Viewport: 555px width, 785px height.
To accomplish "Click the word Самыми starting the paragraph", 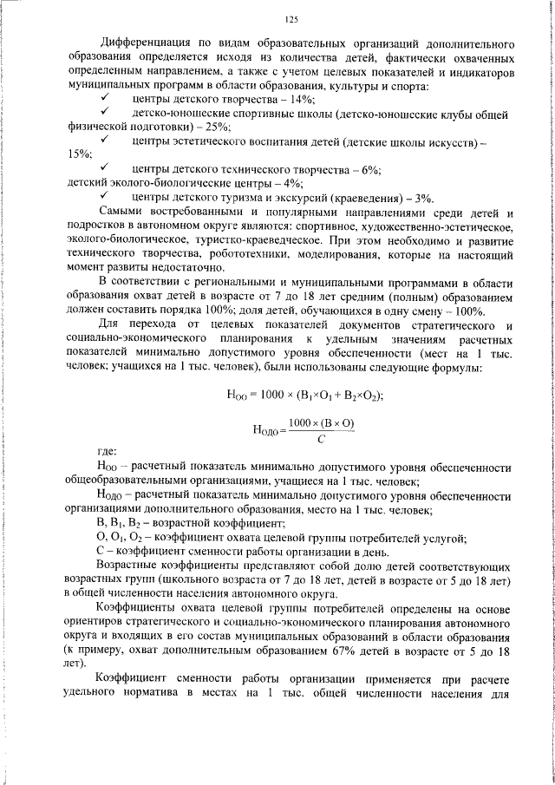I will pyautogui.click(x=121, y=213).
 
